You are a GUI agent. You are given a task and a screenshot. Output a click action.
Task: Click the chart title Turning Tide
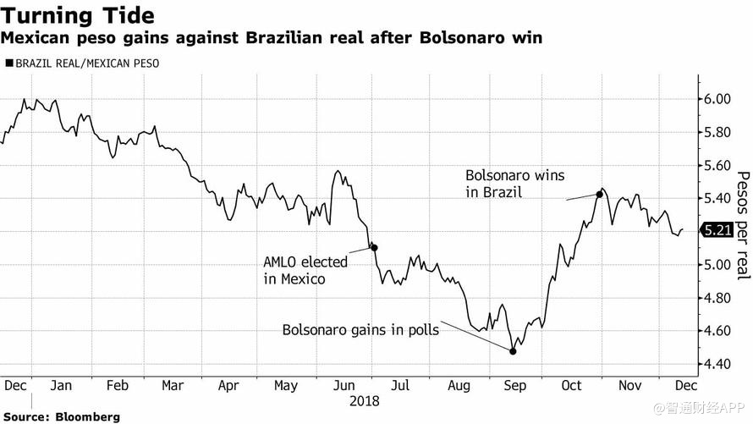pyautogui.click(x=78, y=14)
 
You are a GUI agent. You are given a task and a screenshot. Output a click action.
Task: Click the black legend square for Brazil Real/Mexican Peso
pyautogui.click(x=9, y=63)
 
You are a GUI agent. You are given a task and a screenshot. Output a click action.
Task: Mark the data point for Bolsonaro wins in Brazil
pyautogui.click(x=599, y=194)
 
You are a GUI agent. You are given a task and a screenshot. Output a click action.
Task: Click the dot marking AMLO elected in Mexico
pyautogui.click(x=374, y=248)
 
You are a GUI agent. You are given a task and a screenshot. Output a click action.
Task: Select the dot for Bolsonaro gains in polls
pyautogui.click(x=513, y=350)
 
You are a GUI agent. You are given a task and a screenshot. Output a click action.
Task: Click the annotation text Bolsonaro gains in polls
pyautogui.click(x=360, y=330)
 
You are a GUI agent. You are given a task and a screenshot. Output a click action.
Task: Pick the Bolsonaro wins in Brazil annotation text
pyautogui.click(x=514, y=184)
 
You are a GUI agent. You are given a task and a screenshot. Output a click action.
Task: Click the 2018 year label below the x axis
pyautogui.click(x=366, y=401)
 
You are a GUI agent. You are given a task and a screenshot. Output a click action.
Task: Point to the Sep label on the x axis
pyautogui.click(x=514, y=385)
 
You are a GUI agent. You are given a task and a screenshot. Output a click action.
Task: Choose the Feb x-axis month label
pyautogui.click(x=117, y=385)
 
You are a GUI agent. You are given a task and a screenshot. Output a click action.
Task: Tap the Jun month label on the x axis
pyautogui.click(x=343, y=385)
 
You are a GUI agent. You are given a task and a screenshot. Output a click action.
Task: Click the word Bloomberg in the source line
pyautogui.click(x=87, y=416)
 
